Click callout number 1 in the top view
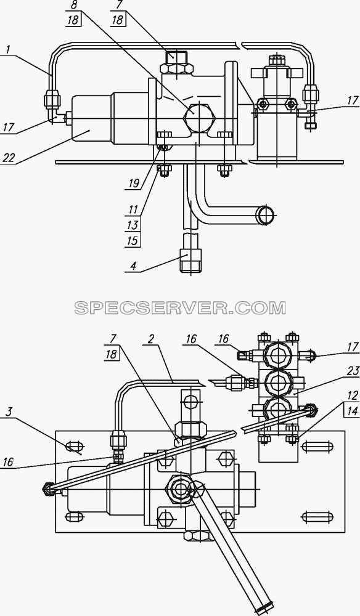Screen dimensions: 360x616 click(9, 50)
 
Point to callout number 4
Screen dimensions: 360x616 click(133, 266)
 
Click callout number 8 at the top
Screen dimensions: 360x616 click(73, 5)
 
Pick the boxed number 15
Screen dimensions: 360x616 click(133, 240)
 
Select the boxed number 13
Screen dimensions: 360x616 click(133, 225)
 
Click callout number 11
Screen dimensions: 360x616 click(133, 209)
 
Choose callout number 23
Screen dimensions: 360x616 click(353, 371)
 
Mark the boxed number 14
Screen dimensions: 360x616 click(353, 411)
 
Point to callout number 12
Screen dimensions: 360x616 click(353, 395)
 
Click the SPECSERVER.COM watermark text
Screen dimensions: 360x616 click(180, 307)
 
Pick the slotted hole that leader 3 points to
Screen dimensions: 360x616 click(74, 446)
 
